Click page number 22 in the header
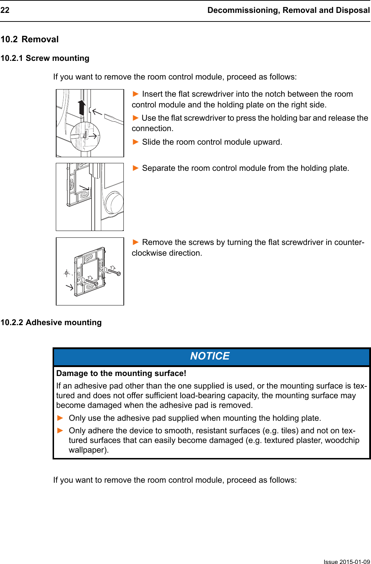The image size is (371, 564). tap(5, 10)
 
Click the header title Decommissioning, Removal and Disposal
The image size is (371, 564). tap(288, 10)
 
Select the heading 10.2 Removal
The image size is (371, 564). tap(30, 39)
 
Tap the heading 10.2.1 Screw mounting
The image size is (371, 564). tap(45, 58)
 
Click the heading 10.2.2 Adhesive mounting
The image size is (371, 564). tap(51, 322)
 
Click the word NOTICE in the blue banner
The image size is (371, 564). tap(210, 356)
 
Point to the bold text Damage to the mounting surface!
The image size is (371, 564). tap(121, 373)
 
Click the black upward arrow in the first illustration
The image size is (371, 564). tap(82, 107)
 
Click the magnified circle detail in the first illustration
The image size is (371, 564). tap(85, 137)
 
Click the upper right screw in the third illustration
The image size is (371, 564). tap(114, 272)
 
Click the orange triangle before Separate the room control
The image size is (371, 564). tap(136, 168)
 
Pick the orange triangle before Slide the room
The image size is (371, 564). tap(136, 142)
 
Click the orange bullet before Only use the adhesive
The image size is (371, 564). tap(60, 418)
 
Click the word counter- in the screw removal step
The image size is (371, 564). tap(349, 242)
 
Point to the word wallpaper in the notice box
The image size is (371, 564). tap(87, 450)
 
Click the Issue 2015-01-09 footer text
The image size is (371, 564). tap(346, 561)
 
